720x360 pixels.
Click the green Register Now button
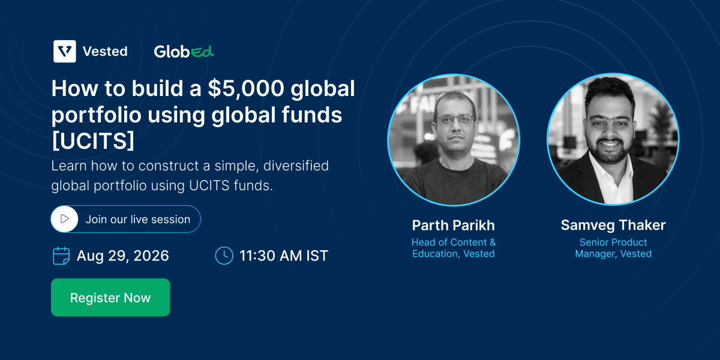click(110, 298)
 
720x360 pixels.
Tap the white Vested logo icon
click(65, 51)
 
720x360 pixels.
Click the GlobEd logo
click(184, 52)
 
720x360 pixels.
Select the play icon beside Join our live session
click(65, 219)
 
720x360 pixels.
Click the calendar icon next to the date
click(61, 256)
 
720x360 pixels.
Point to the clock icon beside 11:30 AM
click(224, 256)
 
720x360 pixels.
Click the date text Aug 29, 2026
click(123, 256)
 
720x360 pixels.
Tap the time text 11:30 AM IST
click(284, 256)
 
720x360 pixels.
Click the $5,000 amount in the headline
click(246, 88)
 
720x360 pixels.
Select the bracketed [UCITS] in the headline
click(93, 141)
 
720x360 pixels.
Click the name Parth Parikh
click(454, 226)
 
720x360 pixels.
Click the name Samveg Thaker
click(613, 226)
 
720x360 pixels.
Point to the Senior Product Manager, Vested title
click(613, 248)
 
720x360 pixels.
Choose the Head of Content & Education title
click(454, 248)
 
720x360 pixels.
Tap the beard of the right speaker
click(608, 151)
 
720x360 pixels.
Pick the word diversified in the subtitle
click(296, 166)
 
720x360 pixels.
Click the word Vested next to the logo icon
click(105, 52)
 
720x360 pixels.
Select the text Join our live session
click(138, 219)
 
